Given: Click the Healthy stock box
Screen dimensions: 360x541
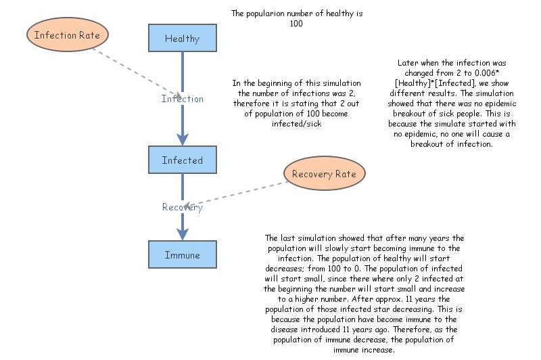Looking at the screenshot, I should point(182,38).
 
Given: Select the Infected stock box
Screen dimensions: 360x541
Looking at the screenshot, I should point(182,160).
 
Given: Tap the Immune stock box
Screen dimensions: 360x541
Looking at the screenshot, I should point(182,254).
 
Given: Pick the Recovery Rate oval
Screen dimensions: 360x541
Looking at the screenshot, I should point(324,174).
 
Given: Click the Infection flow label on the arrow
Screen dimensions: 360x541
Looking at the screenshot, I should point(182,99).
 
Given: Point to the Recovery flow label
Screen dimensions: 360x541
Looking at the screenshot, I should point(182,207).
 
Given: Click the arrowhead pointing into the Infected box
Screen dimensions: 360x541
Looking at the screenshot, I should point(182,139).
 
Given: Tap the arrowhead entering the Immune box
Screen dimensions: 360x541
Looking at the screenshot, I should point(182,234).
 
